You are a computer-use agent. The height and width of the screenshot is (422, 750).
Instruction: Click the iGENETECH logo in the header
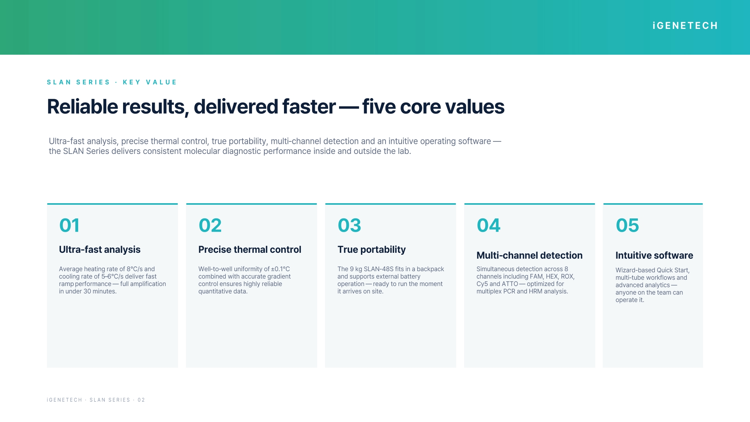pos(685,26)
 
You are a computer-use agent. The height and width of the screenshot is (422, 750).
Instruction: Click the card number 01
pos(69,225)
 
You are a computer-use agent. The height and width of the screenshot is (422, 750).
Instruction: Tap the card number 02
pos(210,225)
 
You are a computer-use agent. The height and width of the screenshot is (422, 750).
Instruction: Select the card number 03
pos(349,225)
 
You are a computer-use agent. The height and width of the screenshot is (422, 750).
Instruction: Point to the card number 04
pos(488,225)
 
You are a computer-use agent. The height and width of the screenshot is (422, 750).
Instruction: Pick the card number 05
pos(627,225)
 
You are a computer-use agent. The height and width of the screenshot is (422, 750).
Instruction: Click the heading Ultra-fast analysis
pos(100,250)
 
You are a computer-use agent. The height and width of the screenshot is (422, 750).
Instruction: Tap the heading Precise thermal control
pos(250,250)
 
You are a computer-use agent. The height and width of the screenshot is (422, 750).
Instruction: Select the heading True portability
pos(371,250)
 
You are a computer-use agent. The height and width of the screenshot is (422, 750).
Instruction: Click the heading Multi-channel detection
pos(529,256)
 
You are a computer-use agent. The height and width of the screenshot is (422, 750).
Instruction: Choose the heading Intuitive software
pos(654,256)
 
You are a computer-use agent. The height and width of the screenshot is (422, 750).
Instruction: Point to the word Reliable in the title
pos(82,107)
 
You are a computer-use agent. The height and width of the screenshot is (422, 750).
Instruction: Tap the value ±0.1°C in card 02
pos(280,269)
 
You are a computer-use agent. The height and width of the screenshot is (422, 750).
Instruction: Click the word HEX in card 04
pos(552,277)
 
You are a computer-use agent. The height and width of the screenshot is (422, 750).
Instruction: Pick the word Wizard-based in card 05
pos(634,270)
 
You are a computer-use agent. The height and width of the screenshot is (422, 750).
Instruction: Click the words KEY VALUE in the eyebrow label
pos(150,82)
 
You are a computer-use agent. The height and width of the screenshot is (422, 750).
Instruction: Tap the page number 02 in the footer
pos(141,400)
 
